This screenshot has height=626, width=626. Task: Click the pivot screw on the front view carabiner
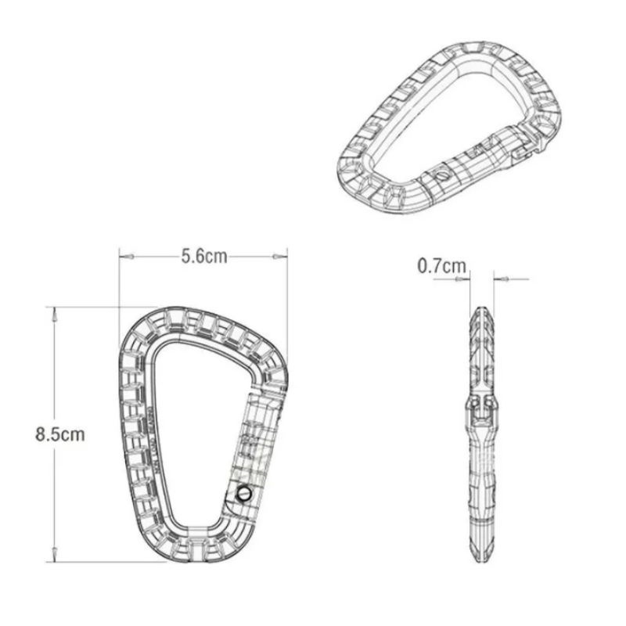(243, 494)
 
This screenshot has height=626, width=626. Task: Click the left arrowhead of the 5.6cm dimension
(124, 256)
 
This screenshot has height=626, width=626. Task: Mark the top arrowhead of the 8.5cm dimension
(53, 313)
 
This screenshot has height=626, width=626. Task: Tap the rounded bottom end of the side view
(482, 557)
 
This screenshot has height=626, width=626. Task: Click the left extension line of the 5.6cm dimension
(120, 290)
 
